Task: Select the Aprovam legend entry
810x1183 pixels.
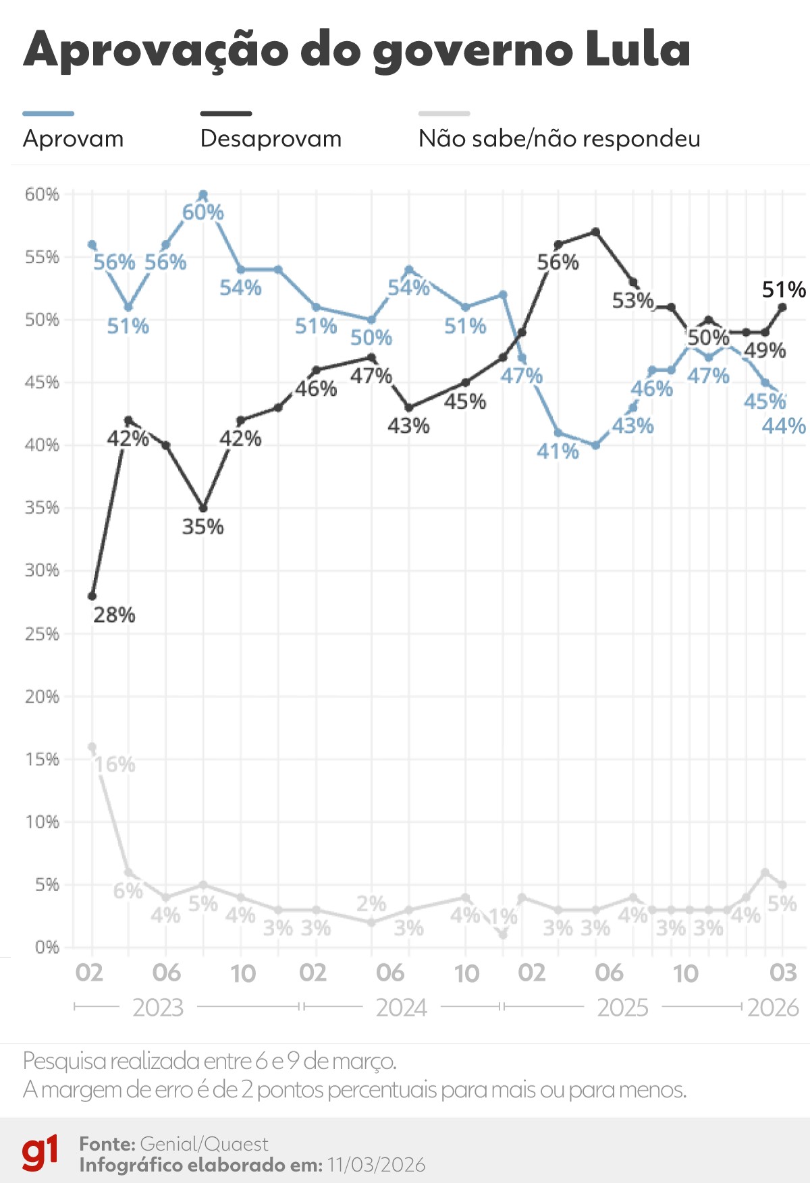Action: click(73, 138)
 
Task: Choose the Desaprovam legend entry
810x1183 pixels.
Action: click(271, 138)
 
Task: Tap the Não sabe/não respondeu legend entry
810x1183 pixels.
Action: click(559, 138)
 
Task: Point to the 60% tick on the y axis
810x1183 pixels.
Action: click(42, 194)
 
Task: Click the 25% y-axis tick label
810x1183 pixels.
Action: click(42, 634)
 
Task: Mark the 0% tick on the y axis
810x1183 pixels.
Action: click(47, 947)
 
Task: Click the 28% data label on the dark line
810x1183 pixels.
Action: click(114, 615)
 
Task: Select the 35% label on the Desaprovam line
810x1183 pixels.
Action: click(202, 527)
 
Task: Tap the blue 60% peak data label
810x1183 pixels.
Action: click(202, 212)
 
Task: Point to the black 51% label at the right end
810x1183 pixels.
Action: click(783, 290)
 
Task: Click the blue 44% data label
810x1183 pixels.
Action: click(783, 426)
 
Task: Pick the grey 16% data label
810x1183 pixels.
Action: click(115, 765)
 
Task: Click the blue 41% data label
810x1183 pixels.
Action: click(558, 451)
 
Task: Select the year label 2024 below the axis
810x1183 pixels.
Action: click(402, 1008)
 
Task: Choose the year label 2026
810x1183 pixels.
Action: click(773, 1008)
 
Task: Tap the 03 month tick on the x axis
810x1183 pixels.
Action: click(783, 973)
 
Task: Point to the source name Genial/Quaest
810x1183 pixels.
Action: click(204, 1144)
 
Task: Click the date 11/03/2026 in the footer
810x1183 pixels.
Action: click(377, 1165)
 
